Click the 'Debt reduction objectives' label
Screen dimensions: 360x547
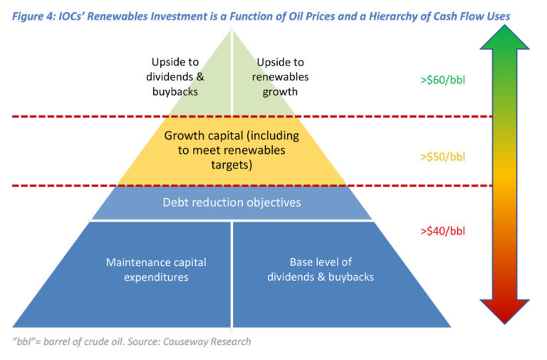point(231,202)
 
